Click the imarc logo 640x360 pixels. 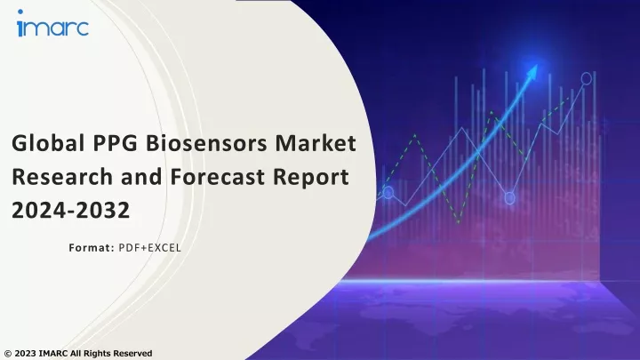point(52,24)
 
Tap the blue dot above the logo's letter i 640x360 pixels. point(20,12)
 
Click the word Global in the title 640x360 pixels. point(48,143)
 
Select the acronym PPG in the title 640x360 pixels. point(115,143)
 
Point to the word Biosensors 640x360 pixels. point(206,143)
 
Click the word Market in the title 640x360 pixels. point(316,143)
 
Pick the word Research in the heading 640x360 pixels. point(62,177)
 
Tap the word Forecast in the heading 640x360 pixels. point(217,177)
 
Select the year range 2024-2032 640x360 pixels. point(70,210)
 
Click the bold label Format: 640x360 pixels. point(92,248)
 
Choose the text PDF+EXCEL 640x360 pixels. point(150,248)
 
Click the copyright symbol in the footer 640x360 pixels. point(8,354)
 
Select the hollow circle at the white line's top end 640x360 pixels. point(586,78)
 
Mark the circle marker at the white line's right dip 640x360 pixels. point(509,198)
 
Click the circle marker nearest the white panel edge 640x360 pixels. point(388,192)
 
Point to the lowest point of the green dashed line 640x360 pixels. point(459,223)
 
